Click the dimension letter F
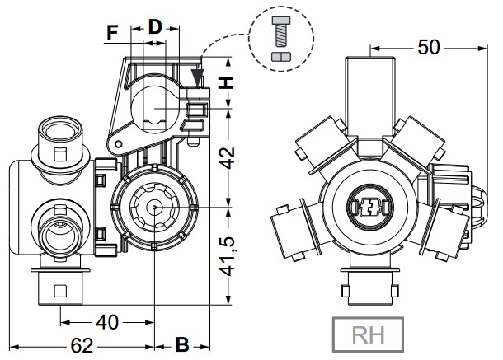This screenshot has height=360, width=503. (x=114, y=33)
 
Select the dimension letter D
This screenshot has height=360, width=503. (x=155, y=26)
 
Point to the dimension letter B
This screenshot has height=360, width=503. (x=182, y=343)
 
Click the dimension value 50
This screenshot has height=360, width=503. (x=428, y=48)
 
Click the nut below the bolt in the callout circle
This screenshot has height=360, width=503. (x=280, y=56)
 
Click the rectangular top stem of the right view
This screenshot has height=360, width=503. (x=368, y=91)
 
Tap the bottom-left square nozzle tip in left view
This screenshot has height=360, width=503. (x=60, y=291)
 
